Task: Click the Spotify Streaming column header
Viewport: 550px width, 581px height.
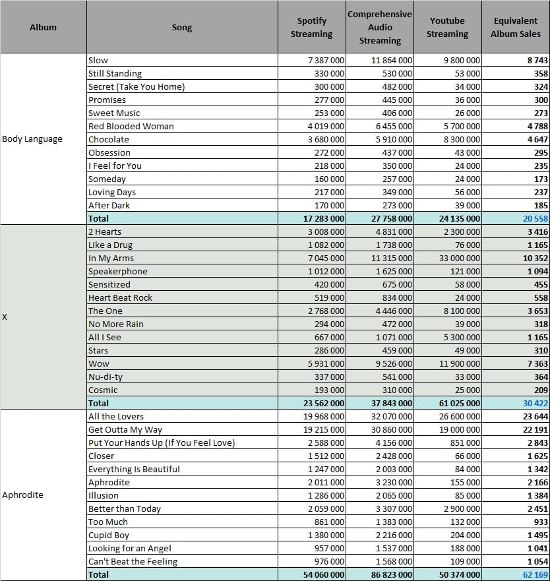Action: point(311,27)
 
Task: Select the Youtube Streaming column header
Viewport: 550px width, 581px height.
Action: point(447,27)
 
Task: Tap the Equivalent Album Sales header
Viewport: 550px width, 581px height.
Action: point(516,27)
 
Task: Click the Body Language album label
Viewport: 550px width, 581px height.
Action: point(32,139)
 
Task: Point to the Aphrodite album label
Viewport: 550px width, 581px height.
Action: point(22,495)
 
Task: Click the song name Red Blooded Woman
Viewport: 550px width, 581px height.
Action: point(131,127)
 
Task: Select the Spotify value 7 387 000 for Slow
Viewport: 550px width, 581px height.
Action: point(326,61)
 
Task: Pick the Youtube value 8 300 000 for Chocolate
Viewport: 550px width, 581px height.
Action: point(462,140)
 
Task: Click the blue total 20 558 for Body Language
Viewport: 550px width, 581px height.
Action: point(535,218)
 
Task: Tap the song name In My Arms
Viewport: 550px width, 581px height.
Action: point(111,259)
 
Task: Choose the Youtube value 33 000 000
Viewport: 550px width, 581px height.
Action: point(460,259)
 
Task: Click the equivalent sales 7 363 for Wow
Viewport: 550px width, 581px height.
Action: point(537,364)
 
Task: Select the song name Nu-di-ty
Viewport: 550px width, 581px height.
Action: point(106,377)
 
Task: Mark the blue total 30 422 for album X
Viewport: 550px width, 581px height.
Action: point(535,404)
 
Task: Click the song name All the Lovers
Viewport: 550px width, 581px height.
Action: point(115,417)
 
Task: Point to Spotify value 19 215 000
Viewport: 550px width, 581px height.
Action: point(324,430)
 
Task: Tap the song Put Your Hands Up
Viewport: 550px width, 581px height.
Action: point(162,443)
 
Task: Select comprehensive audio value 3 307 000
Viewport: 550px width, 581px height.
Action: point(394,509)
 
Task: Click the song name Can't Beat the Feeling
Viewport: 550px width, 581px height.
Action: point(133,562)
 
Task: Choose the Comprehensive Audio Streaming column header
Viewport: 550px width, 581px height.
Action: point(379,27)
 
